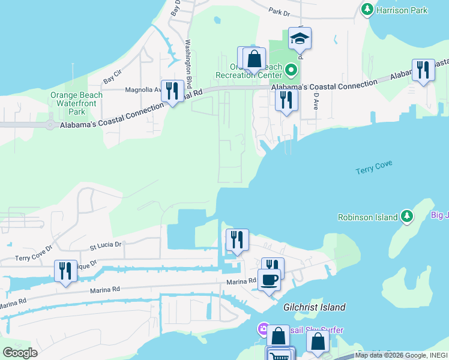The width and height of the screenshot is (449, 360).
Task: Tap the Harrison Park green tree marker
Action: pyautogui.click(x=367, y=9)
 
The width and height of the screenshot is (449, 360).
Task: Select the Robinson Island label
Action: pyautogui.click(x=368, y=217)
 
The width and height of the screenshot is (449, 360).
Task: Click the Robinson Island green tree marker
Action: pyautogui.click(x=408, y=215)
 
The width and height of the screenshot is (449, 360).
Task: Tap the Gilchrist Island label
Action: pyautogui.click(x=315, y=307)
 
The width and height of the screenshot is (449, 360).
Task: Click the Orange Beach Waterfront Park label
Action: pyautogui.click(x=76, y=103)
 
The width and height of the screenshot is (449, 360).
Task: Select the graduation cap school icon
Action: pyautogui.click(x=300, y=39)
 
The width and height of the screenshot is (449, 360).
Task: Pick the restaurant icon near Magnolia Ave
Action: pyautogui.click(x=172, y=91)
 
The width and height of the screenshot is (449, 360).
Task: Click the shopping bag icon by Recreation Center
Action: pyautogui.click(x=254, y=59)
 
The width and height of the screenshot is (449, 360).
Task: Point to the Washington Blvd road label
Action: pyautogui.click(x=188, y=64)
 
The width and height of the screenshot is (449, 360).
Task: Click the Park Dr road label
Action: pyautogui.click(x=279, y=11)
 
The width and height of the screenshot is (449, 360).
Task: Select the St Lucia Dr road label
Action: pyautogui.click(x=106, y=245)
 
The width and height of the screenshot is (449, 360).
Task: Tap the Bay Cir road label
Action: pyautogui.click(x=112, y=76)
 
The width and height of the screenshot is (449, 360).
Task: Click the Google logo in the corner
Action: pyautogui.click(x=20, y=353)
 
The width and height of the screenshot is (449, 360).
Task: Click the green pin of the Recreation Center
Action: pyautogui.click(x=291, y=71)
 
